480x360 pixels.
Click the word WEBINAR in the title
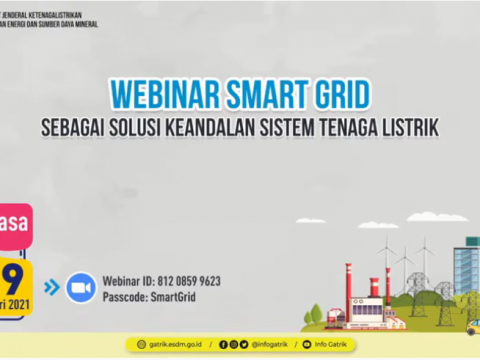(x=160, y=93)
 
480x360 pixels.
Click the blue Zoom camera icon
(x=81, y=288)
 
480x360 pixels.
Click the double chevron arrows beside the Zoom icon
(x=52, y=288)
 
